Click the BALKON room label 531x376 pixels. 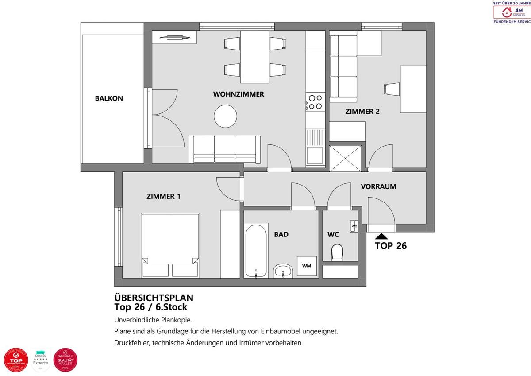[109, 98]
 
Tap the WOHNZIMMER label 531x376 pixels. [239, 94]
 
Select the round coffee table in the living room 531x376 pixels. [226, 116]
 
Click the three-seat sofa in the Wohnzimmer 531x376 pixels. [225, 149]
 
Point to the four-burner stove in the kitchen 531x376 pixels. [316, 102]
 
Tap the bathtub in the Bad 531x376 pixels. [256, 251]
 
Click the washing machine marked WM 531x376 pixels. [306, 266]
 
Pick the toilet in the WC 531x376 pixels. [337, 252]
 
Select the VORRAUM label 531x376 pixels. [378, 186]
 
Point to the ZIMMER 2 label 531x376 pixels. [362, 112]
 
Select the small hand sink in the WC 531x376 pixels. [354, 225]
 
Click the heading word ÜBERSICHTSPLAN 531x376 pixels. [154, 298]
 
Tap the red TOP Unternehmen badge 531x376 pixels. [15, 360]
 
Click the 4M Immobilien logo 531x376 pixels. [512, 12]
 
